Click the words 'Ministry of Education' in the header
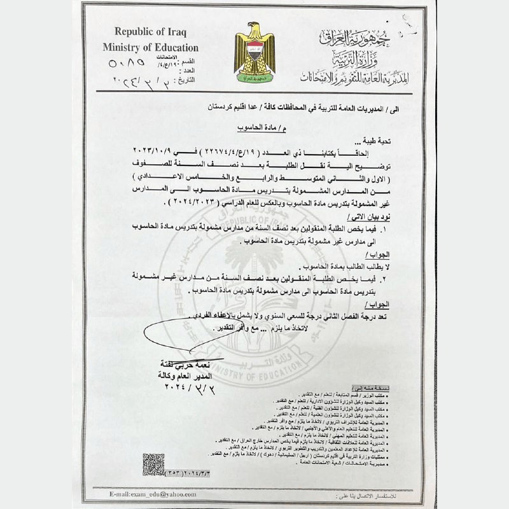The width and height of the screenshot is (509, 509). coord(150,48)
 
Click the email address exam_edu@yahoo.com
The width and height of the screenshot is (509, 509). coord(150,494)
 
